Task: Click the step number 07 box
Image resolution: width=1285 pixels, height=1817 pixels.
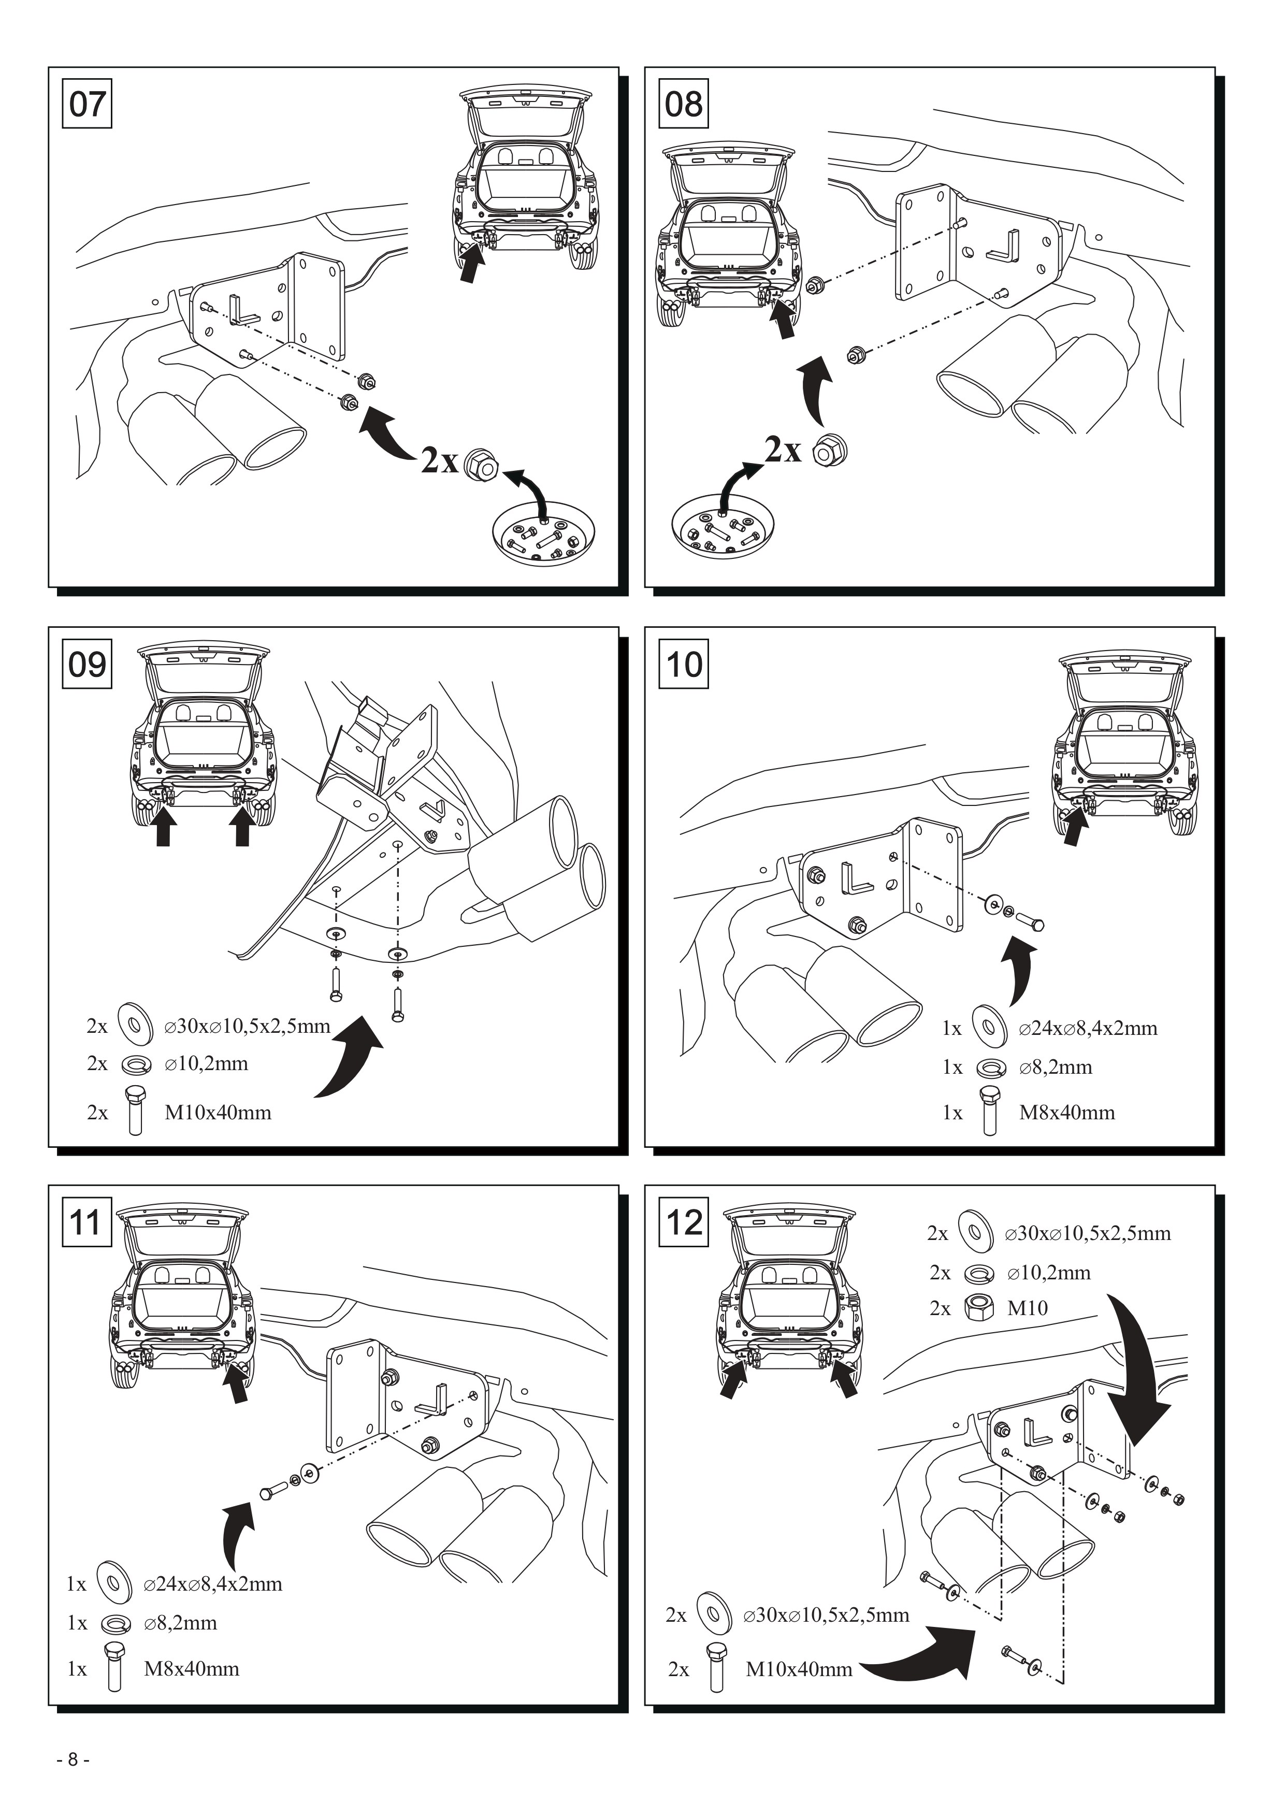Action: (87, 103)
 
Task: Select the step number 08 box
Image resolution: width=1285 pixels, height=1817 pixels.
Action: (684, 103)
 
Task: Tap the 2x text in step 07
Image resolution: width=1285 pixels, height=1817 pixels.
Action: (439, 460)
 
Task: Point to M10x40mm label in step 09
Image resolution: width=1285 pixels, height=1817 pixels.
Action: (218, 1113)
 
